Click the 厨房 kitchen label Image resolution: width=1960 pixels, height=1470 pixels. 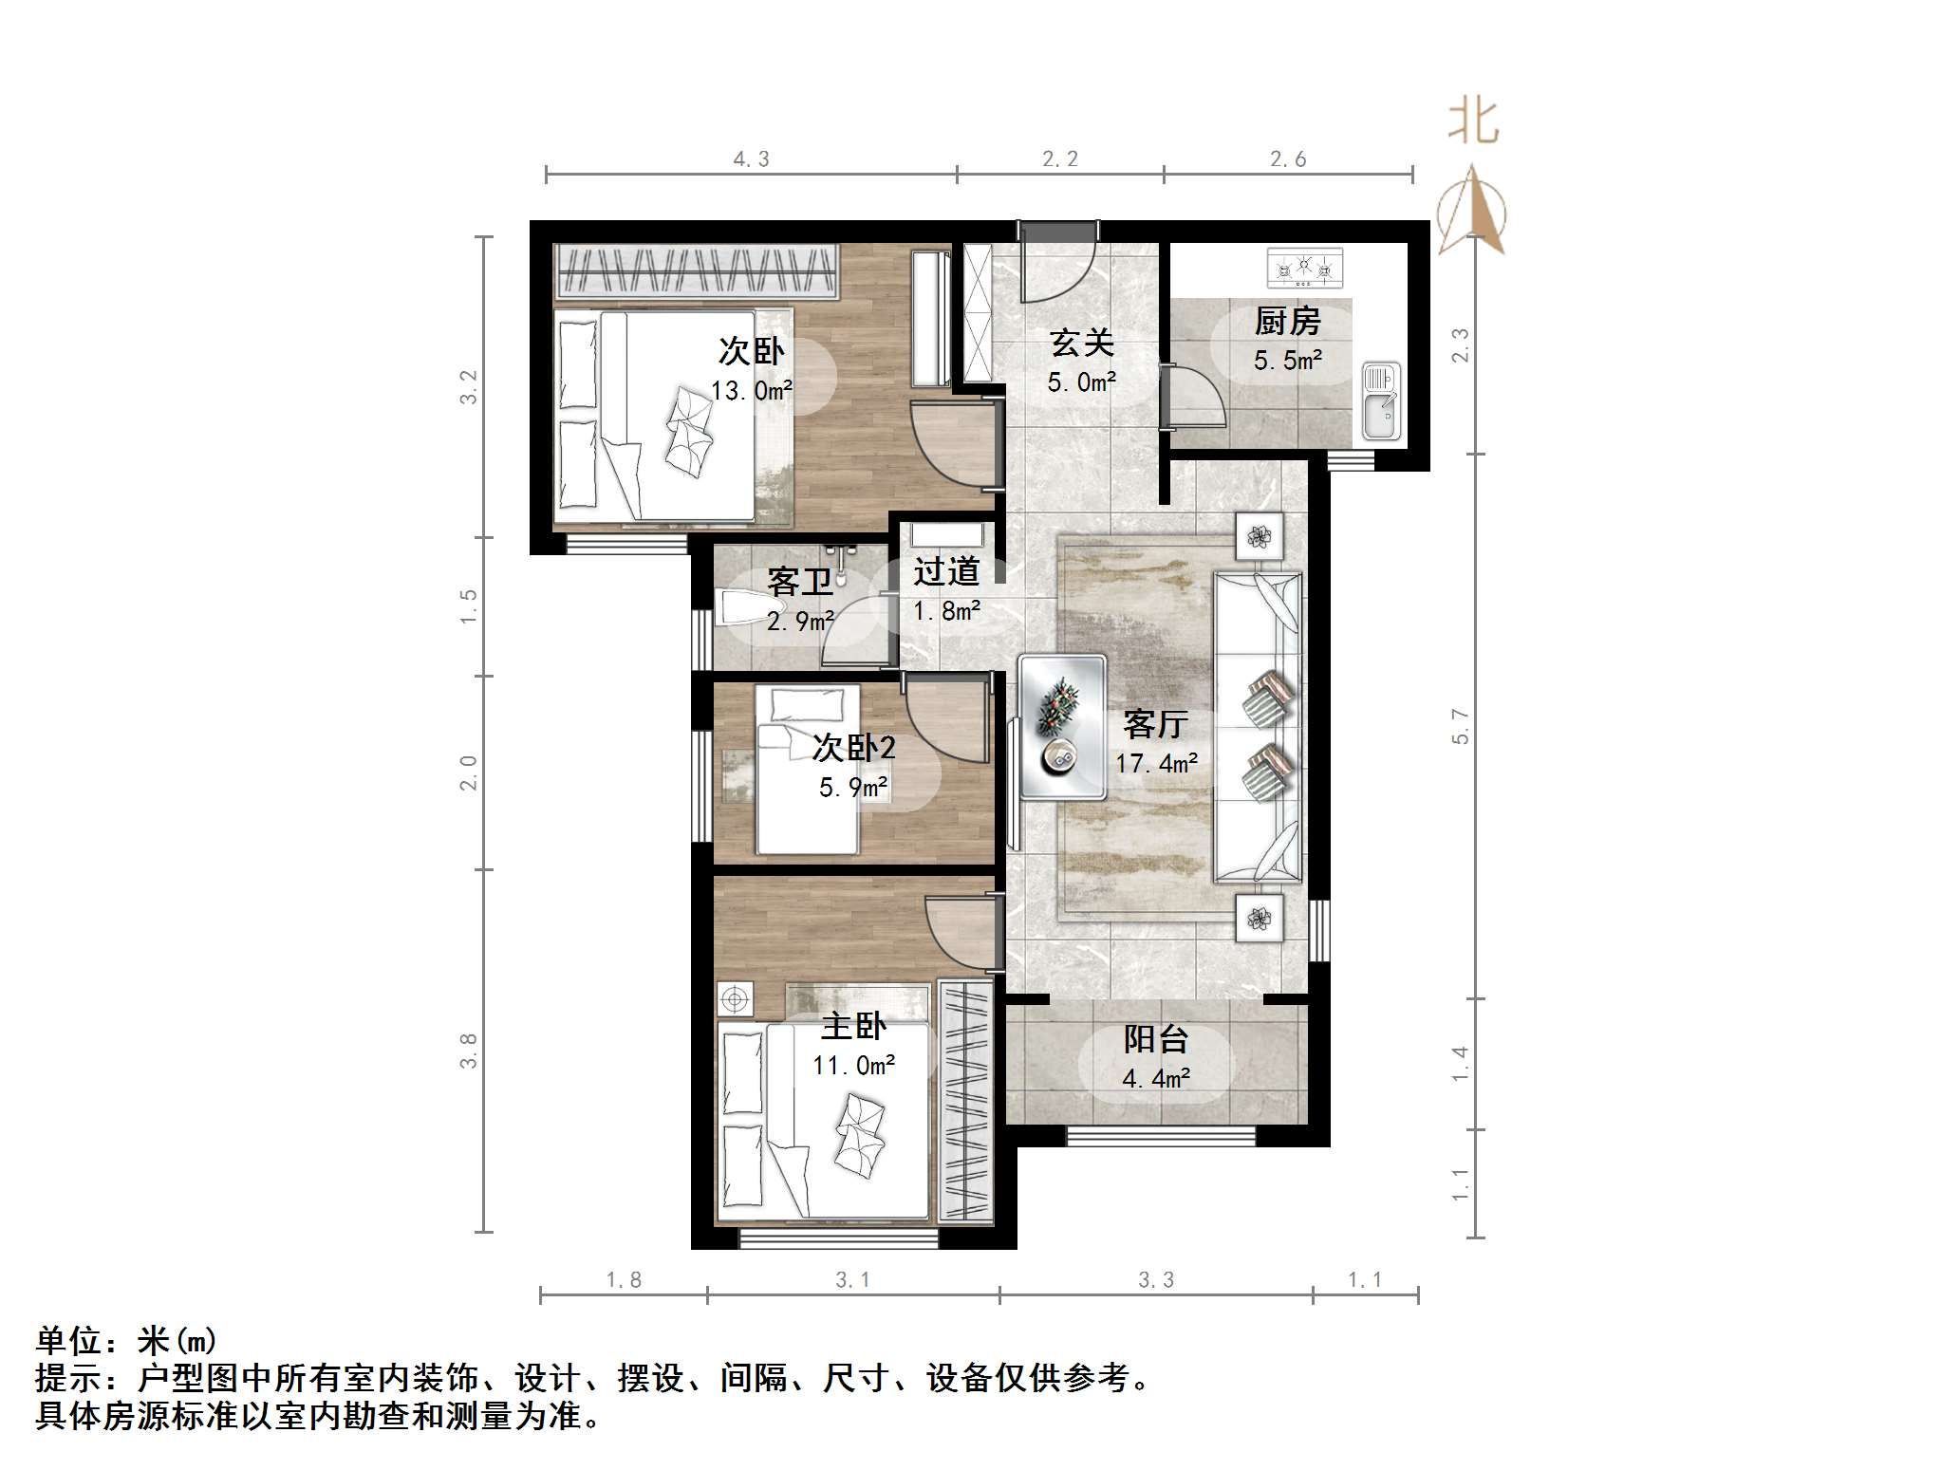click(1287, 322)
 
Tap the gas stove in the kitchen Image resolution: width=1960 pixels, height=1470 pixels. click(1305, 268)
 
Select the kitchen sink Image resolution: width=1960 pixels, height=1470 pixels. click(1381, 401)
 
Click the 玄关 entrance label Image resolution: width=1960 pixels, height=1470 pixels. click(1081, 344)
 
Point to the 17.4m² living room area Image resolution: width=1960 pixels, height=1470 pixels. click(1156, 763)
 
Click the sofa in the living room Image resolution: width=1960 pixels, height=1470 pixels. click(1258, 727)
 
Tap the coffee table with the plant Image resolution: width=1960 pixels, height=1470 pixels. click(1061, 727)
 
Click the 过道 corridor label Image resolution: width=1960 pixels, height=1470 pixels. click(946, 571)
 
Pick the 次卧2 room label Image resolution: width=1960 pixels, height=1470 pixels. click(853, 748)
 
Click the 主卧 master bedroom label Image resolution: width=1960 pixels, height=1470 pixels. click(853, 1026)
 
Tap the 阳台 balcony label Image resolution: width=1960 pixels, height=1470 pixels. click(1155, 1039)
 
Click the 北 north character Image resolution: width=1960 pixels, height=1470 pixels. click(1472, 122)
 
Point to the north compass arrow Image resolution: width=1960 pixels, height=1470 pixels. click(1471, 211)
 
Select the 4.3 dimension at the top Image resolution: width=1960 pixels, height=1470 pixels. click(751, 159)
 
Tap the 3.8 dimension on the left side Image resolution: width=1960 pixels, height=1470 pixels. click(468, 1051)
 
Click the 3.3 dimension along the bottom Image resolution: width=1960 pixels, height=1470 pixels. click(1156, 1280)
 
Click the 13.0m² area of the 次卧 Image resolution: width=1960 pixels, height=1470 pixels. click(751, 390)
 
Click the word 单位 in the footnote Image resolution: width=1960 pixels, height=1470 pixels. click(68, 1341)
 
